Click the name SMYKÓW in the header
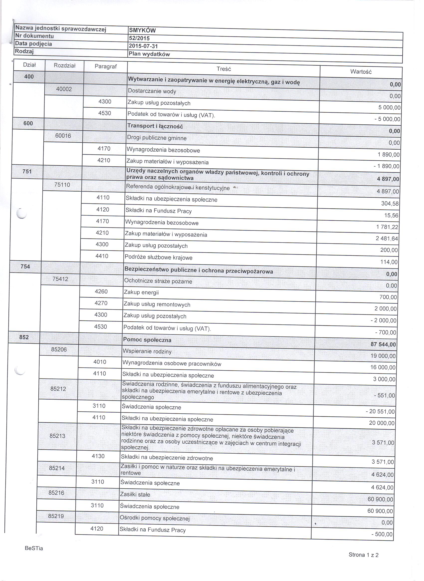pos(142,30)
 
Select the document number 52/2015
pos(139,38)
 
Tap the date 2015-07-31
pos(143,46)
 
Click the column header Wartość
pos(361,72)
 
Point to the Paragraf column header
pos(106,66)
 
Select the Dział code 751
pos(27,171)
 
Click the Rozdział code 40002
pos(64,89)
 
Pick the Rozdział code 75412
pos(60,279)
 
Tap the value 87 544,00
pos(383,345)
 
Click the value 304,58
pos(390,204)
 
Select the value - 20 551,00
pos(380,412)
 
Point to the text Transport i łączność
pos(155,126)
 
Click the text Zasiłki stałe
pos(135,494)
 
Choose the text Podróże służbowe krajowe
pos(158,258)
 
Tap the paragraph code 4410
pos(102,256)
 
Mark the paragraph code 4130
pos(98,456)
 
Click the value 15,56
pos(391,216)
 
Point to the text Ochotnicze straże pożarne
pos(158,281)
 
